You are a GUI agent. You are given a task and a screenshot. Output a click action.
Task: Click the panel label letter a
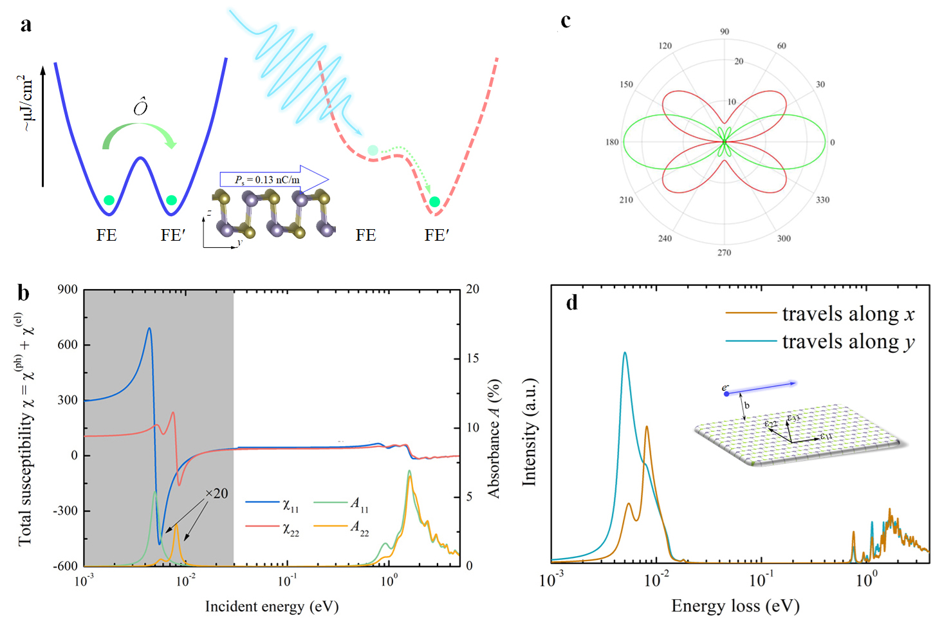[x=26, y=25]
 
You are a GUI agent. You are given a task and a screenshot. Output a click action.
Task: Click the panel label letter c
[x=566, y=21]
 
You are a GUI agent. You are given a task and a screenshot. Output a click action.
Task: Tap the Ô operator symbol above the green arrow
[x=140, y=106]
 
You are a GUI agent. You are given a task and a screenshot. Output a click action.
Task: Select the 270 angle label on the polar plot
[x=724, y=253]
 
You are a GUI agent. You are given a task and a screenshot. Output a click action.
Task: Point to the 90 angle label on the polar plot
[x=725, y=32]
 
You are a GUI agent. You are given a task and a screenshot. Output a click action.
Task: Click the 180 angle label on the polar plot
[x=612, y=142]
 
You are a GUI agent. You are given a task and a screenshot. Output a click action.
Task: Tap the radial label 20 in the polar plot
[x=739, y=62]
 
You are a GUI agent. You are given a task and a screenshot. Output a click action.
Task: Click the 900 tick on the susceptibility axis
[x=68, y=290]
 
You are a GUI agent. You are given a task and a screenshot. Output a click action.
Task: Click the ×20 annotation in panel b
[x=216, y=494]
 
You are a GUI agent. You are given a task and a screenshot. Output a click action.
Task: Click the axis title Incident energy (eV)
[x=272, y=606]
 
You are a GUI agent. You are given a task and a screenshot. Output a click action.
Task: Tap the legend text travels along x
[x=848, y=314]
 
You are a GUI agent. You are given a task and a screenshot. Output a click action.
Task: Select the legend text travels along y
[x=848, y=342]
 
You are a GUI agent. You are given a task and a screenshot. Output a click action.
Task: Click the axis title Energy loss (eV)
[x=735, y=606]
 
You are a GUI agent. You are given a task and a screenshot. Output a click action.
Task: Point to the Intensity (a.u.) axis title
[x=529, y=431]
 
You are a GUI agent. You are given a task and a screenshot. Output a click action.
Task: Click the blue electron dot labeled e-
[x=726, y=393]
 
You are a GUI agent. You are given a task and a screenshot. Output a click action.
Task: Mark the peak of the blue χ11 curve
[x=149, y=328]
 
